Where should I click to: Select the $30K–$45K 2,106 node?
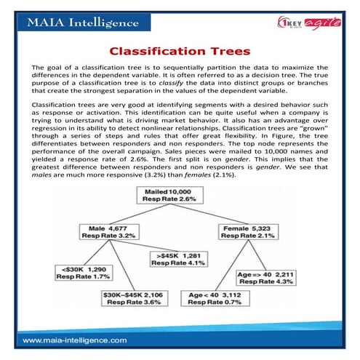click(x=132, y=298)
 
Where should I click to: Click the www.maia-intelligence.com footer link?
click(x=75, y=340)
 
